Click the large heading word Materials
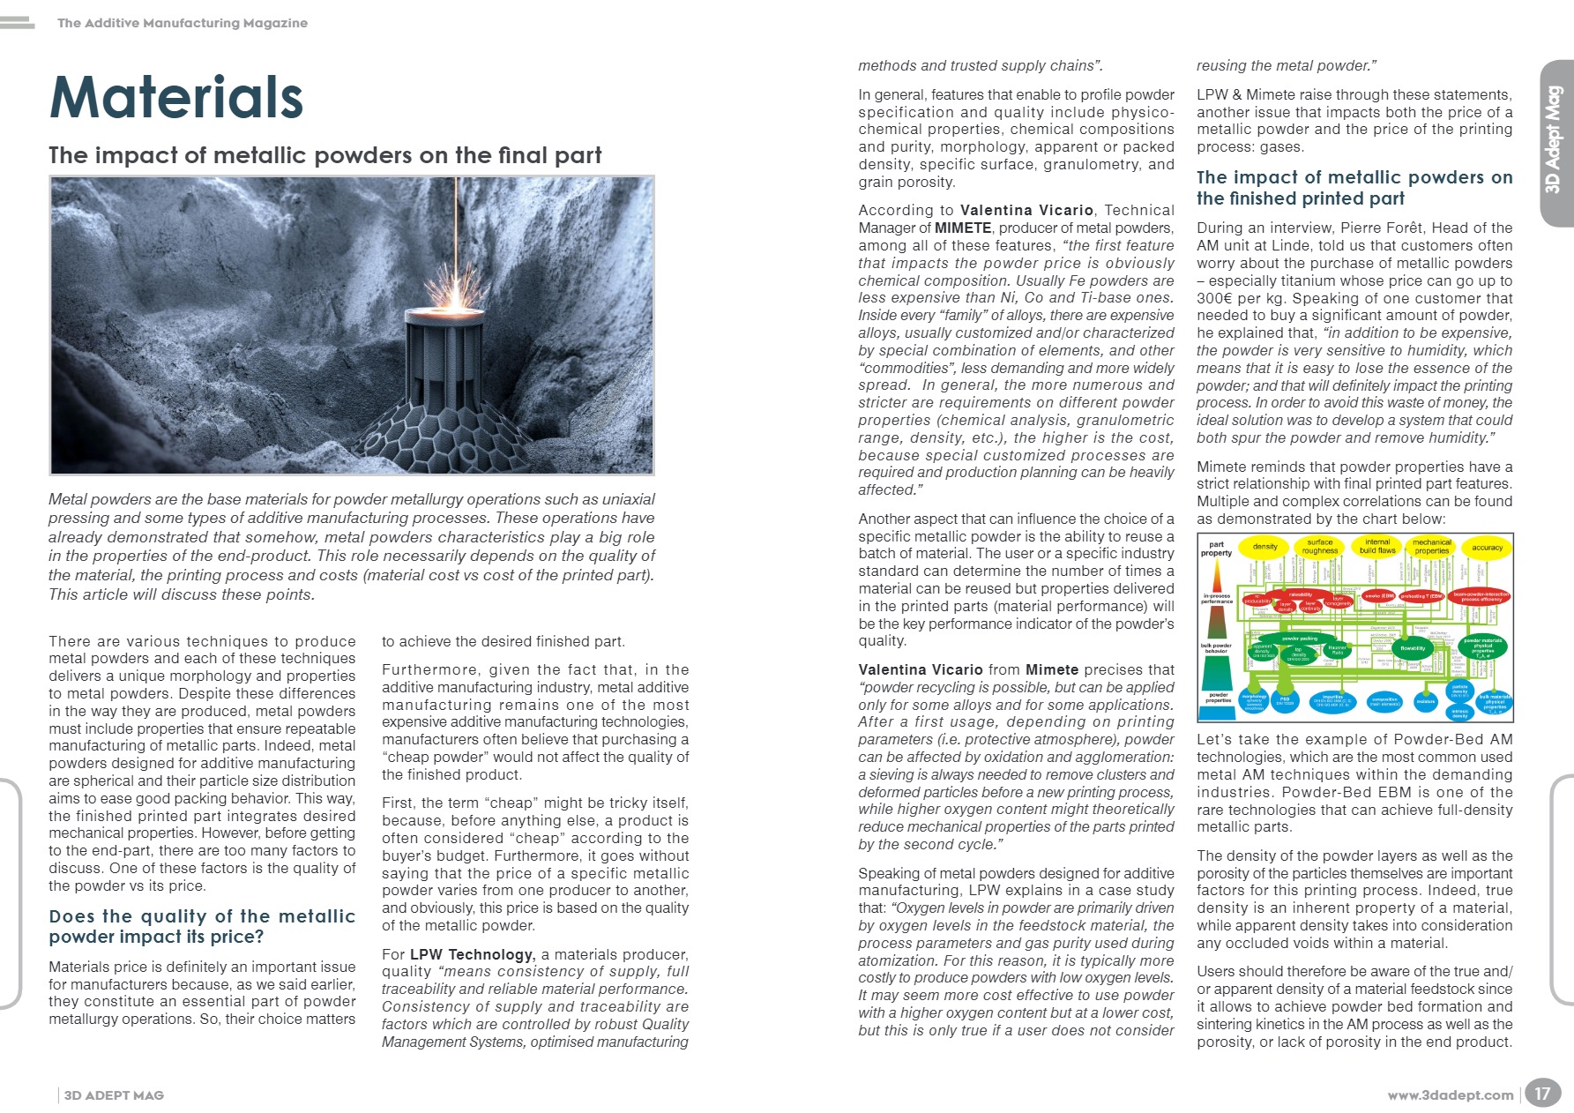coord(176,98)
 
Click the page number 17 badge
coord(1541,1094)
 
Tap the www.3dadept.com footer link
coord(1450,1095)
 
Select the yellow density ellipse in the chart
coord(1264,547)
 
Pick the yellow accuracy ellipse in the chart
coord(1487,548)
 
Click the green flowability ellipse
coord(1413,648)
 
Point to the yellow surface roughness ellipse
coord(1320,547)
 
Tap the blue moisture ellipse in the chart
coord(1426,701)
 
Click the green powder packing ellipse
coord(1300,639)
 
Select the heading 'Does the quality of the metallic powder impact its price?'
coord(202,926)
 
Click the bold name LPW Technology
coord(472,954)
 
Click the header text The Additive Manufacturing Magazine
coord(183,23)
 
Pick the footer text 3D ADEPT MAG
coord(114,1095)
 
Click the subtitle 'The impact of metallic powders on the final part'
coord(325,155)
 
